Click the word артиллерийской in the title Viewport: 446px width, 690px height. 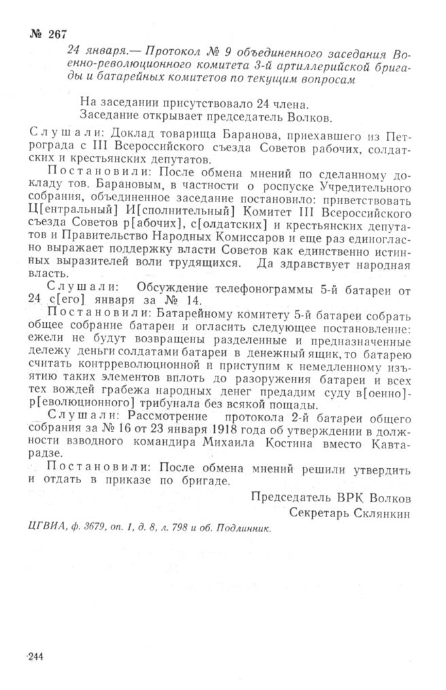point(332,67)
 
